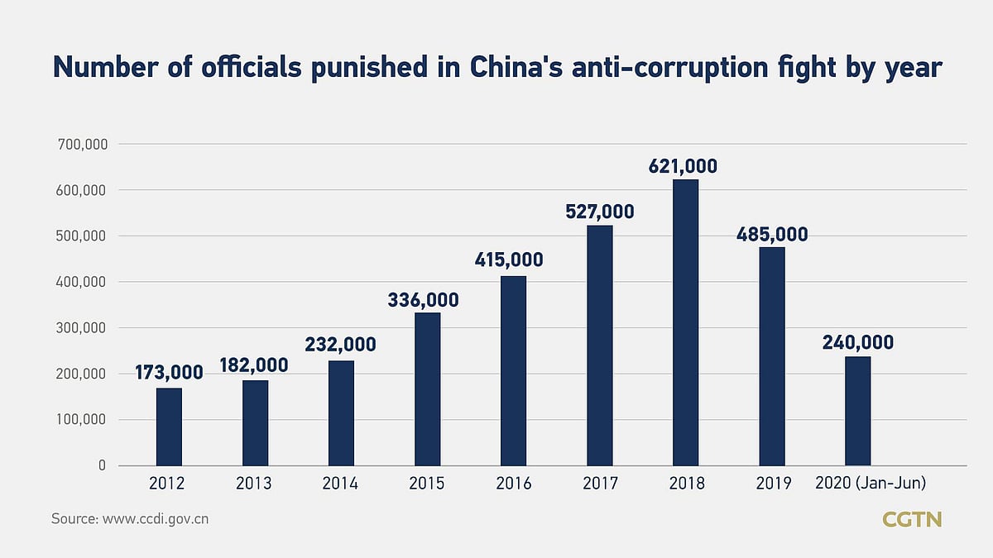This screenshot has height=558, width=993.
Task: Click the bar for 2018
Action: pos(685,322)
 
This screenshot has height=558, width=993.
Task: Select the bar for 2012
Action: pos(169,427)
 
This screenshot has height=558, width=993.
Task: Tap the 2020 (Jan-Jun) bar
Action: pos(857,411)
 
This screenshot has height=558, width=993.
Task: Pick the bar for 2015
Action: pos(427,389)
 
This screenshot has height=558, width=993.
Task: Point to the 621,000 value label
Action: pos(684,166)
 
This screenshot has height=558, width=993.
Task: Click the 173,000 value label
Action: pos(169,373)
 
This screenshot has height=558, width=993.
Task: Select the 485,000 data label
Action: pos(772,234)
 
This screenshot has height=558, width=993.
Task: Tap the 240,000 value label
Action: pos(857,342)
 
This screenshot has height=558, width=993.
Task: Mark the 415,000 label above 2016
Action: pos(509,260)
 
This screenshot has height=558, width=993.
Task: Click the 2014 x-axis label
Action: pos(341,484)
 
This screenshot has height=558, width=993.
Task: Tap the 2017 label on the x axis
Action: pos(599,484)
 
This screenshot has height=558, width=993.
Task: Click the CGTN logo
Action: pos(912,520)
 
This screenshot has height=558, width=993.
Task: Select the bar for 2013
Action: pos(255,422)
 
